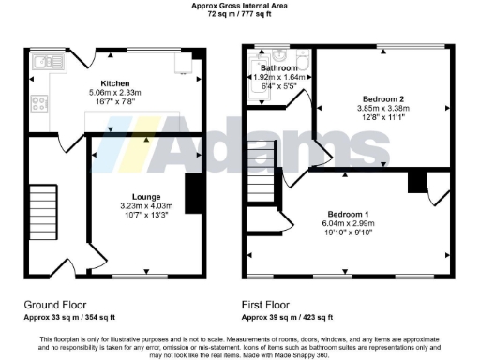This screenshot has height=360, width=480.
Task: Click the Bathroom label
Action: point(279,68)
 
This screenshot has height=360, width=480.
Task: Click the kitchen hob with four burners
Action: point(40,102)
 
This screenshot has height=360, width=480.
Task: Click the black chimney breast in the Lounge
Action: point(194,193)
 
